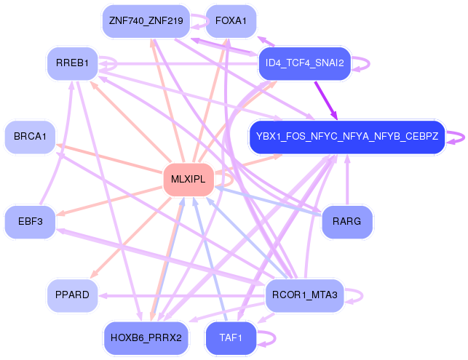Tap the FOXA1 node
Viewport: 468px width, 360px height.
click(x=231, y=21)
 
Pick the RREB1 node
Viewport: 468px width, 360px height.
click(x=71, y=64)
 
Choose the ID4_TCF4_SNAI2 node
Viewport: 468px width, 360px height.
click(x=306, y=64)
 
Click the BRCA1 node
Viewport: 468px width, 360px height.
click(x=30, y=137)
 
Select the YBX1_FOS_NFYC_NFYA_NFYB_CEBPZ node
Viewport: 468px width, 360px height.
click(x=346, y=136)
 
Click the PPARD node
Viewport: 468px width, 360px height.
click(x=71, y=295)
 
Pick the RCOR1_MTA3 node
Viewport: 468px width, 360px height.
click(x=304, y=295)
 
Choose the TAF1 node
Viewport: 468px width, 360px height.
click(x=231, y=337)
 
